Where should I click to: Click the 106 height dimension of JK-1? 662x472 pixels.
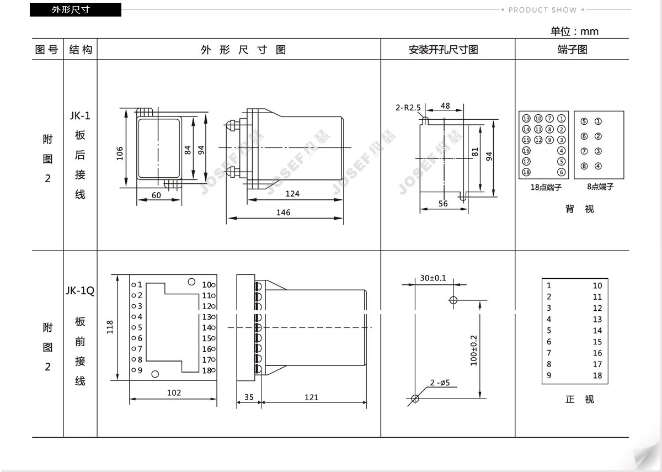(120, 153)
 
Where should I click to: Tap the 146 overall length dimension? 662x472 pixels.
(283, 213)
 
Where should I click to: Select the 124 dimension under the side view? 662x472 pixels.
(292, 194)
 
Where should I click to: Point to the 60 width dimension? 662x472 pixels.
(156, 195)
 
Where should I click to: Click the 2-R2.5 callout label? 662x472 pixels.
(408, 108)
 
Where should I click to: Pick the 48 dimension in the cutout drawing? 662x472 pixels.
(445, 105)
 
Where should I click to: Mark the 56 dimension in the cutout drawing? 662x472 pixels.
(443, 204)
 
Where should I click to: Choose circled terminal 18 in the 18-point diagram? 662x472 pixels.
(526, 172)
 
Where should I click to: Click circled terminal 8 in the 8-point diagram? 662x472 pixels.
(584, 166)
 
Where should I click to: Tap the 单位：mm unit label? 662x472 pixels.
(574, 31)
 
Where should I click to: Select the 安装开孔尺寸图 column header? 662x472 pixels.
(444, 50)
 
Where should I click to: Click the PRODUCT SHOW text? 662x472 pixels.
(543, 10)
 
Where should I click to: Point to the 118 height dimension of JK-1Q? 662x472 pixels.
(110, 327)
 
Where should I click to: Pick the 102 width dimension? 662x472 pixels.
(174, 393)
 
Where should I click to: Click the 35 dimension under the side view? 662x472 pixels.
(249, 397)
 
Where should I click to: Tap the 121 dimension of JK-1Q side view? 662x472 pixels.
(312, 397)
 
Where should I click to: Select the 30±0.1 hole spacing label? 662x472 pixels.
(433, 278)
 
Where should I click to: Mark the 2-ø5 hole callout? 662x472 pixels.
(440, 383)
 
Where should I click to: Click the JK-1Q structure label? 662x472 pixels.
(80, 291)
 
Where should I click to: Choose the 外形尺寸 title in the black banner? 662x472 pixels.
(71, 10)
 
